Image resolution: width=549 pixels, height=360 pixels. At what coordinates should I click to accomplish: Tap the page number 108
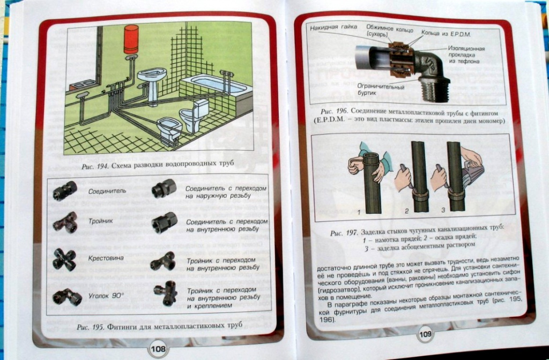[158, 348]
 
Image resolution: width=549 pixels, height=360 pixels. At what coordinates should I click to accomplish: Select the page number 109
[425, 334]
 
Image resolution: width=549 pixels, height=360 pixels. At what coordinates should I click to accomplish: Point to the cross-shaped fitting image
[64, 260]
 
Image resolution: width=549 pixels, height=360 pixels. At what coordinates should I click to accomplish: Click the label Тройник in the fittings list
[100, 221]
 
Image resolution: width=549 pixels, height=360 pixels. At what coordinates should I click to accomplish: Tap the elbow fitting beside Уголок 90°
[66, 297]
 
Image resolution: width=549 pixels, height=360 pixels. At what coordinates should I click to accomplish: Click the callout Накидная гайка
[333, 27]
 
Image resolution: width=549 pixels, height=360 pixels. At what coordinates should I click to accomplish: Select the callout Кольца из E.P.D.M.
[446, 34]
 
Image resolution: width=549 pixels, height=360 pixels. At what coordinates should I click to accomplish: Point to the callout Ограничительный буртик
[381, 89]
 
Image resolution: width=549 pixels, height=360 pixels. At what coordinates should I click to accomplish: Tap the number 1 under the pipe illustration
[359, 212]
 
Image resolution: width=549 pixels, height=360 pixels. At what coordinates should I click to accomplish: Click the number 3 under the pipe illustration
[443, 210]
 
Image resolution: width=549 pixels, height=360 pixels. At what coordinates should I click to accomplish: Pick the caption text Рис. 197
[344, 233]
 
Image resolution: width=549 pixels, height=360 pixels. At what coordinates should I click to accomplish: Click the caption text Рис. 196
[334, 112]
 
